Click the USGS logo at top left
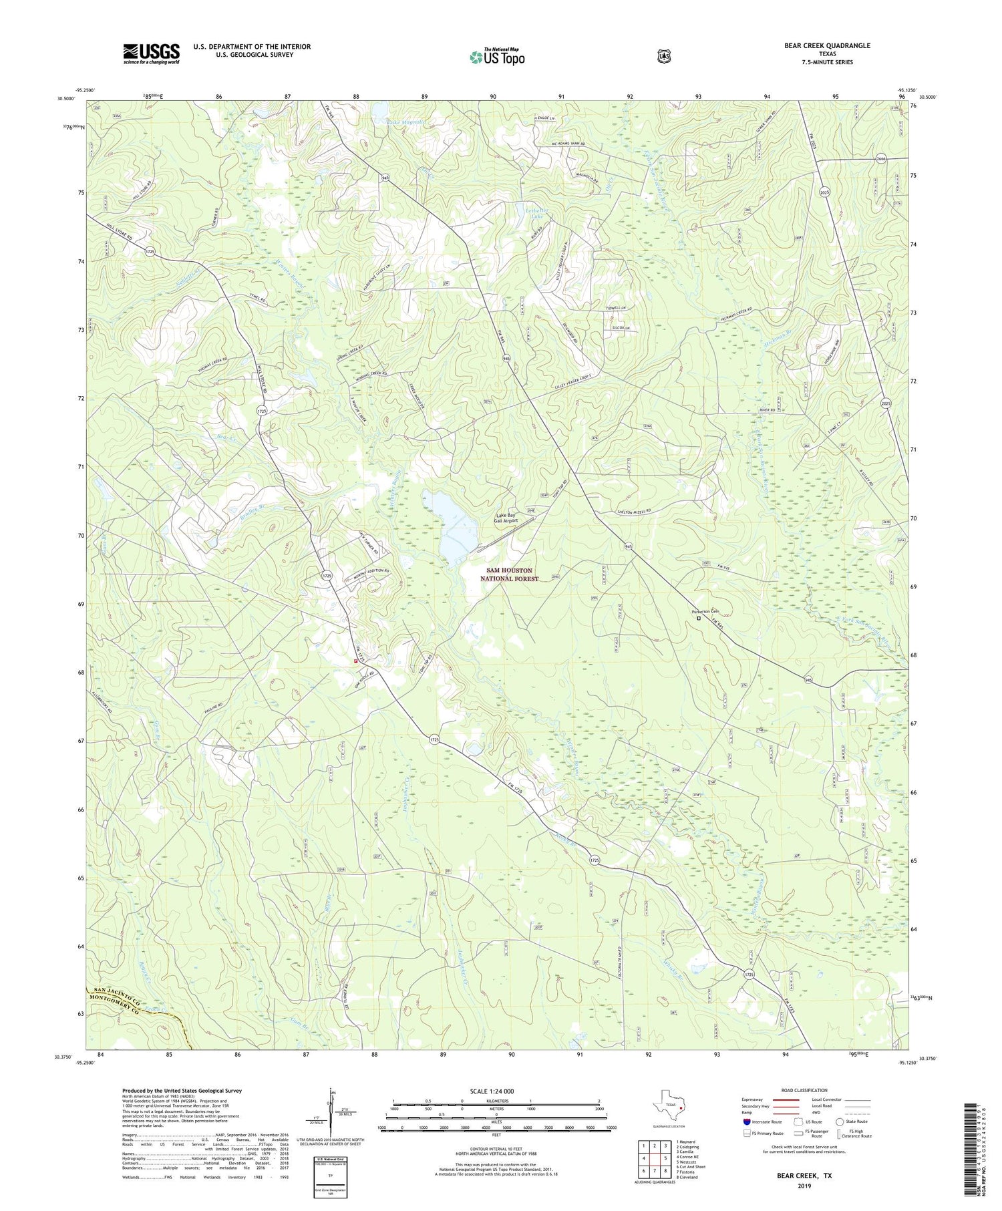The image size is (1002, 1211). (151, 53)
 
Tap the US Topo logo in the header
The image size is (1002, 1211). (497, 57)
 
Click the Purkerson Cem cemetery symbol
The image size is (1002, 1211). (699, 618)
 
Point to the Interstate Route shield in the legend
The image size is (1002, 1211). (746, 1121)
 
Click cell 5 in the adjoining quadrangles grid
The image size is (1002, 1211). (666, 1158)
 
